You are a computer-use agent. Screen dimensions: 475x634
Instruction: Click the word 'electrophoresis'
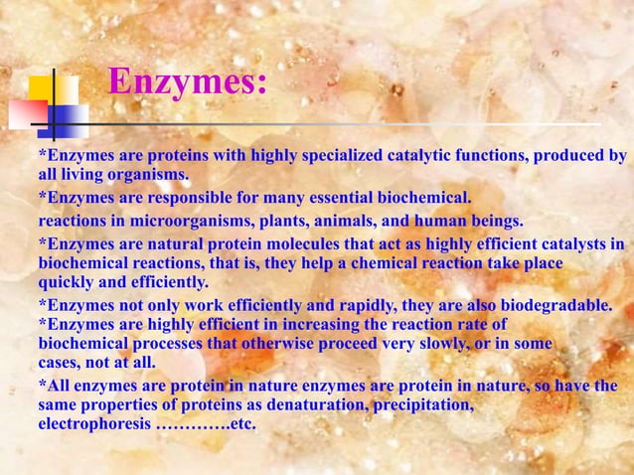[x=94, y=424]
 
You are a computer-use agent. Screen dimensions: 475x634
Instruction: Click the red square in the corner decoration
[x=27, y=115]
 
